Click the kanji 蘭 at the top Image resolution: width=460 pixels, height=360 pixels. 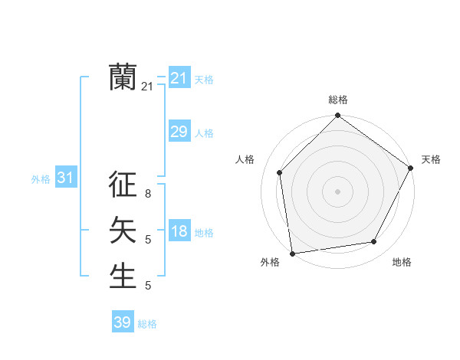[x=123, y=77]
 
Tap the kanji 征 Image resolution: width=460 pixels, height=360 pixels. [x=123, y=185]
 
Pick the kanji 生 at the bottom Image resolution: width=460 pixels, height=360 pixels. [x=123, y=275]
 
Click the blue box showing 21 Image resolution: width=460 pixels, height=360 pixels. [x=179, y=78]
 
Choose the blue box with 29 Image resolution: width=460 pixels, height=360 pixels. [x=179, y=132]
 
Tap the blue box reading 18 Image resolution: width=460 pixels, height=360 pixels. [x=179, y=231]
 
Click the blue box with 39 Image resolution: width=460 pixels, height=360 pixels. [x=122, y=322]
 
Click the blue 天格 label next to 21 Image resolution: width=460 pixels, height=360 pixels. [x=204, y=79]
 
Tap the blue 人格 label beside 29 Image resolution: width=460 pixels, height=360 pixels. [x=204, y=133]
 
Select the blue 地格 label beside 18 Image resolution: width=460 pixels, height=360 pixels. [x=204, y=233]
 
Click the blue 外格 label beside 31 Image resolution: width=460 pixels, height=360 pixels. [x=41, y=179]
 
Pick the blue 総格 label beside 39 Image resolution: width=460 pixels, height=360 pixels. [x=147, y=324]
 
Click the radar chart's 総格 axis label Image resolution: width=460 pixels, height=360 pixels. [x=338, y=100]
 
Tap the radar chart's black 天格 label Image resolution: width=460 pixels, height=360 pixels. [x=431, y=159]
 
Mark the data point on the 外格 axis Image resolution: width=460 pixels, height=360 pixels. [x=291, y=253]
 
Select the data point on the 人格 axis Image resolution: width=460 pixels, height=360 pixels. [x=280, y=172]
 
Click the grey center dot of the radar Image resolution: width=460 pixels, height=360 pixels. [x=337, y=191]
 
